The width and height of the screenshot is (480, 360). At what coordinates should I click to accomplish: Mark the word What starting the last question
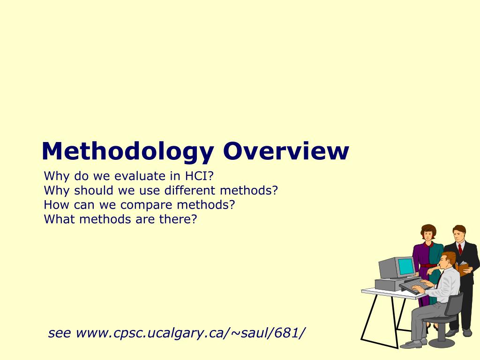[58, 219]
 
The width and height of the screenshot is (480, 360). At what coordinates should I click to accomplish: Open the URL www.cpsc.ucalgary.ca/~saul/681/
[190, 333]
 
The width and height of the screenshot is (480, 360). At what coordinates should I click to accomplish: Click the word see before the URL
[60, 333]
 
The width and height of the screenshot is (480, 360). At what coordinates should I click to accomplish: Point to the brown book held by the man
[463, 269]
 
